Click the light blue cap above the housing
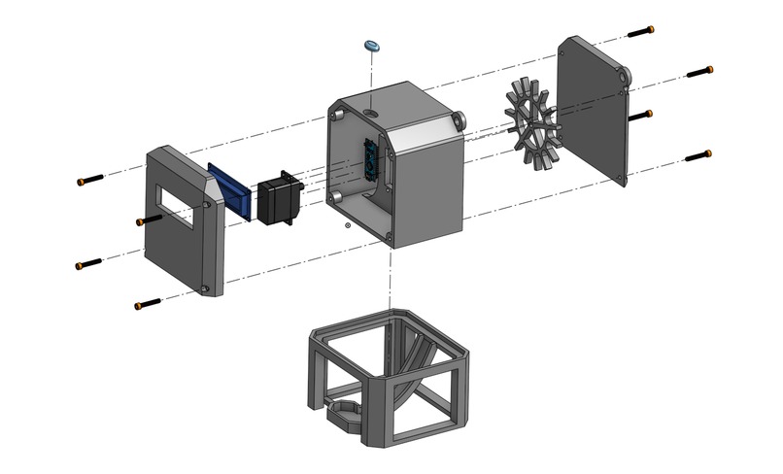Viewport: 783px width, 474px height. pyautogui.click(x=370, y=46)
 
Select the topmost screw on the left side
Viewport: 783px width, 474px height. pyautogui.click(x=88, y=180)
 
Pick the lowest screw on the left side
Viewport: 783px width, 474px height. pyautogui.click(x=145, y=305)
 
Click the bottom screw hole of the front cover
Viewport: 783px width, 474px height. pyautogui.click(x=206, y=289)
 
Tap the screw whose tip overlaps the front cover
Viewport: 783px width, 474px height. pyautogui.click(x=145, y=221)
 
